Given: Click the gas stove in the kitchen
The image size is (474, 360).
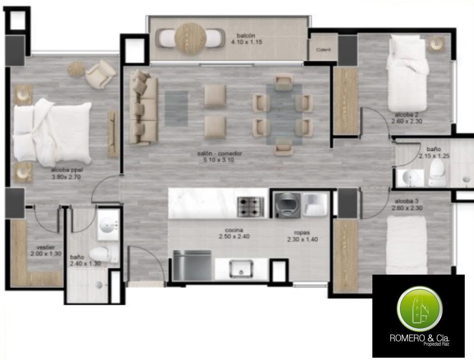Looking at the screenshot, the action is (x=250, y=207).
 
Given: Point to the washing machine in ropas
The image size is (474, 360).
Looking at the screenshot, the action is (x=287, y=204).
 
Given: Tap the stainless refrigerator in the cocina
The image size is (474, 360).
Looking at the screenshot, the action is (x=192, y=265).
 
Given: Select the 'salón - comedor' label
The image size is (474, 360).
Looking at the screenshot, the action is (x=220, y=153).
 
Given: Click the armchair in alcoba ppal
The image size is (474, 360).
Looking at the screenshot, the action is (x=100, y=74).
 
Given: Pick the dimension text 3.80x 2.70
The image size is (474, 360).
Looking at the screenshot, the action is (x=67, y=177).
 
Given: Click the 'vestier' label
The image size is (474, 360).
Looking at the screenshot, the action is (x=46, y=247).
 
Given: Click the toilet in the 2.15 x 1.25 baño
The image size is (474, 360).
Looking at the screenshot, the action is (x=437, y=173).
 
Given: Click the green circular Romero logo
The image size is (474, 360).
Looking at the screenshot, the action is (x=419, y=308).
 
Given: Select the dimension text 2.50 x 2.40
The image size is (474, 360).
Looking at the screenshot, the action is (x=234, y=236).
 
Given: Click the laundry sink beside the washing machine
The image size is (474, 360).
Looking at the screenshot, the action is (x=315, y=204).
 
